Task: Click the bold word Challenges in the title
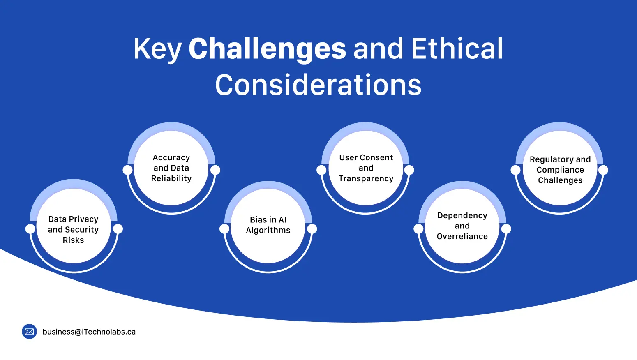click(267, 49)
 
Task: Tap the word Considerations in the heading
click(318, 85)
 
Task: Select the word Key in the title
click(157, 49)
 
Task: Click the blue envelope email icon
click(29, 332)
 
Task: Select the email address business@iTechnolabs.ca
click(89, 332)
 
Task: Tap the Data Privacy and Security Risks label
click(74, 229)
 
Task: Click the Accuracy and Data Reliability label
click(171, 168)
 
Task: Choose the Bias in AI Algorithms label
click(268, 225)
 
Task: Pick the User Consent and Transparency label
click(366, 168)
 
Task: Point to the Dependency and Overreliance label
click(462, 226)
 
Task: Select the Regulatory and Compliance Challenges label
click(560, 170)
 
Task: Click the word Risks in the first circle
click(73, 240)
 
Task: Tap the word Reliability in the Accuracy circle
click(171, 178)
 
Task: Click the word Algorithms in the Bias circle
click(268, 230)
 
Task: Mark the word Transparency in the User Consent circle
click(366, 178)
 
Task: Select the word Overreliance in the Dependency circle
click(462, 236)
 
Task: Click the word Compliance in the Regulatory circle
click(560, 170)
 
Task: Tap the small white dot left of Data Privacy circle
click(30, 229)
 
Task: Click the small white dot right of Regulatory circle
click(603, 170)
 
